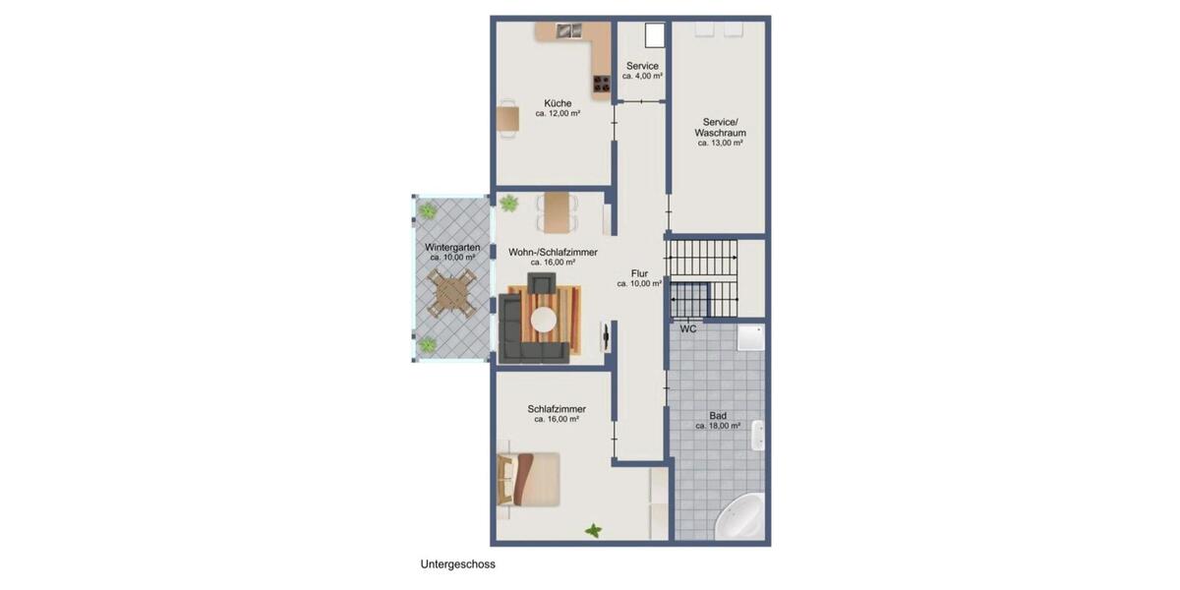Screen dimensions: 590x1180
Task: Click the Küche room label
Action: pos(557,102)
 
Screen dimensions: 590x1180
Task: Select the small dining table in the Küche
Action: pos(507,119)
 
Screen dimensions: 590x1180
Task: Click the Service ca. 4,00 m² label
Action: pos(642,66)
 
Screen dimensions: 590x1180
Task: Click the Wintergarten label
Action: pos(452,247)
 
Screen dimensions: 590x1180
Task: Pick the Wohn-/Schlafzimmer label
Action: pos(552,253)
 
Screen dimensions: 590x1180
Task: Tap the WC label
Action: pos(688,328)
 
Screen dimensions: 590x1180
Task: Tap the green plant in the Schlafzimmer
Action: pos(594,531)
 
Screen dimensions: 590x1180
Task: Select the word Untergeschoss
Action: pos(457,564)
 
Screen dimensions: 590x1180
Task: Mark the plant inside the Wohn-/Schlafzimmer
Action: pos(508,204)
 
